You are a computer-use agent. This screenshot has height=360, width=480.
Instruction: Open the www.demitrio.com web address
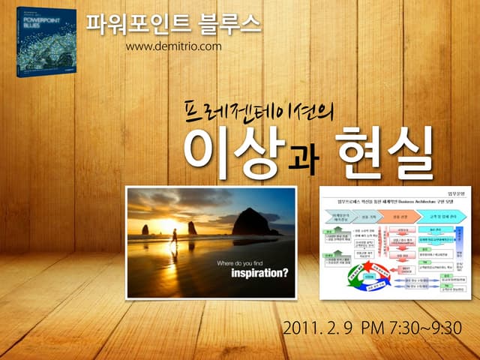click(173, 46)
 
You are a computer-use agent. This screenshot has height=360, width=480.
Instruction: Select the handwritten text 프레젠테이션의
click(259, 110)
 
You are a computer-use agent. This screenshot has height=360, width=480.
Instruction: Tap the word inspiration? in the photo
click(252, 273)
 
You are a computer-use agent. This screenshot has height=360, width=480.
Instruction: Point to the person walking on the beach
click(174, 236)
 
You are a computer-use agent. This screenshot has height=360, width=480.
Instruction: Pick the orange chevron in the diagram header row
click(397, 217)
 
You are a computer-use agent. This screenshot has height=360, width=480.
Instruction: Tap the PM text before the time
click(373, 328)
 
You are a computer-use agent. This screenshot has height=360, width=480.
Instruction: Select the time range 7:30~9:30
click(423, 328)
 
